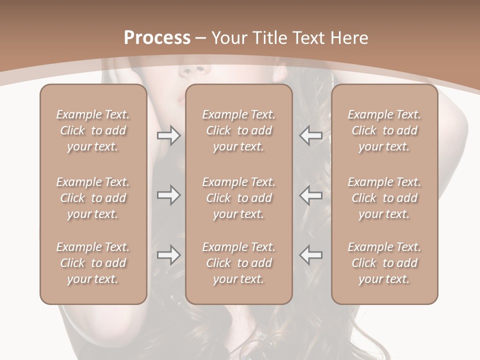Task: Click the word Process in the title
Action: coord(157,38)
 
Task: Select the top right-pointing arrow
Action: coord(168,135)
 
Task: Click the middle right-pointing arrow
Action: coord(168,195)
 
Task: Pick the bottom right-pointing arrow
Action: coord(168,254)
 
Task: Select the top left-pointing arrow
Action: coord(310,135)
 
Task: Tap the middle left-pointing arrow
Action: coord(310,195)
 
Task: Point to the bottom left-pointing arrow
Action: coord(310,254)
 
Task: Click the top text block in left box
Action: coord(93,130)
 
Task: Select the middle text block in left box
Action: coord(93,198)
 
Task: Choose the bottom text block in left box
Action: coord(93,263)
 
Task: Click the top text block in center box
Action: coord(238,130)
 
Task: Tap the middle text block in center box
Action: coord(238,198)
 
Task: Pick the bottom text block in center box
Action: coord(238,263)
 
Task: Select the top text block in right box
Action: coord(384,130)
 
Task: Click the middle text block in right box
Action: coord(384,198)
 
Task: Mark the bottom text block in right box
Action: coord(384,263)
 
